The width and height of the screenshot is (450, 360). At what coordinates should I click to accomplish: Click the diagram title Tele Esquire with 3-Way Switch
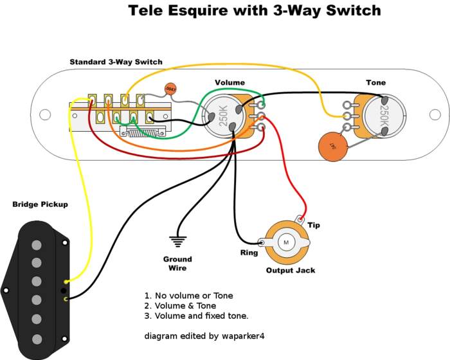(x=255, y=11)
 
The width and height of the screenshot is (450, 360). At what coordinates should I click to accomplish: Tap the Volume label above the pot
(x=230, y=83)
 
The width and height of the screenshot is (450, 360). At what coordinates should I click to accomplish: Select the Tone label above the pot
(x=376, y=83)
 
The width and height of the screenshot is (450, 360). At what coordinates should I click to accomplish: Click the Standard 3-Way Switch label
(x=116, y=62)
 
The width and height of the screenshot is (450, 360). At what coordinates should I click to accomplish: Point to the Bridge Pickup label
(x=40, y=204)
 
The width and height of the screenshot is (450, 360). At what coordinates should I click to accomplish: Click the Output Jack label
(x=291, y=271)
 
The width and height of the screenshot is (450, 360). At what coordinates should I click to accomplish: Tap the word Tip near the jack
(x=313, y=226)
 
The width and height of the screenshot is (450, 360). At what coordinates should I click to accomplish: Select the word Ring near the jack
(x=249, y=253)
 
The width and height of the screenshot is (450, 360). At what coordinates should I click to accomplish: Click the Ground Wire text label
(x=177, y=264)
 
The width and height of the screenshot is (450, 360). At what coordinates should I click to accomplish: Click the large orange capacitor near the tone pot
(x=332, y=147)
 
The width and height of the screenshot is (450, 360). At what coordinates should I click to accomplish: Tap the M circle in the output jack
(x=285, y=242)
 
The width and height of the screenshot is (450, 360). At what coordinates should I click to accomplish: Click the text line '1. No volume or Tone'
(x=188, y=296)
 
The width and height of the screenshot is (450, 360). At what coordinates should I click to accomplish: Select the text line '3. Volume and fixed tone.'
(x=196, y=316)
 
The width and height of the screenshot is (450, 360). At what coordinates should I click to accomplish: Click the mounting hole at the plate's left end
(x=44, y=115)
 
